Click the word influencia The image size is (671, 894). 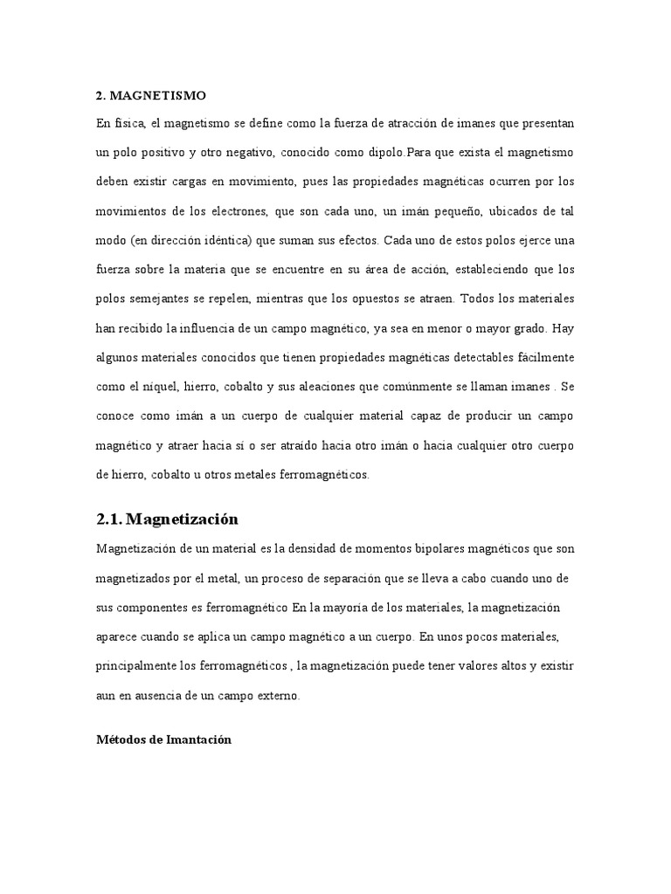pos(218,330)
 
